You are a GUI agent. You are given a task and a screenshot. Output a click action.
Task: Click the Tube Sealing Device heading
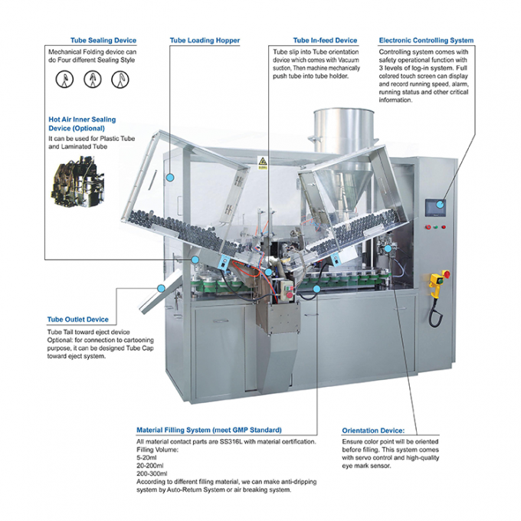tap(103, 40)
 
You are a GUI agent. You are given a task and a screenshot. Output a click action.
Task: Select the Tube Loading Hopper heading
tap(205, 40)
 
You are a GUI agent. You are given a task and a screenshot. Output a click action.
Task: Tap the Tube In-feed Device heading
tap(325, 40)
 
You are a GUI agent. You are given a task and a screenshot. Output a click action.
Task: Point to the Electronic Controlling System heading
tap(426, 40)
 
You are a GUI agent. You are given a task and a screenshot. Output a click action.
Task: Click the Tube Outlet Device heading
tap(78, 319)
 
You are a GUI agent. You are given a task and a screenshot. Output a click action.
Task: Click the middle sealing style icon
tap(91, 78)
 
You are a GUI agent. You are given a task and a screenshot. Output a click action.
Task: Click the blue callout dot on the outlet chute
tap(161, 287)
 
